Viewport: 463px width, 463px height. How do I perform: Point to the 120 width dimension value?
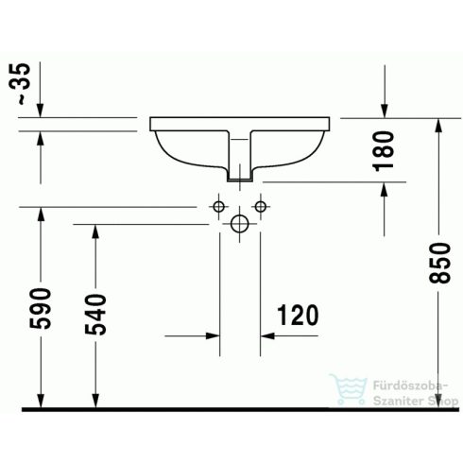coord(296,315)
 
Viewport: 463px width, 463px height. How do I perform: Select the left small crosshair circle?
coord(218,207)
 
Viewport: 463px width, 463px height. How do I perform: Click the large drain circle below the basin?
coord(239,224)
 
